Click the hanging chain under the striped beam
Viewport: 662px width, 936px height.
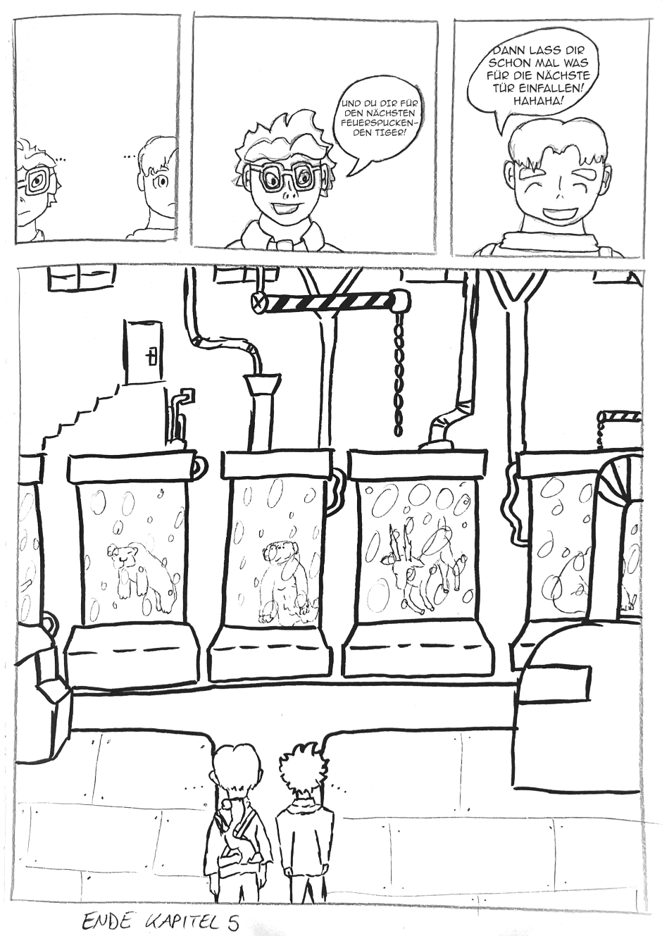[x=399, y=374]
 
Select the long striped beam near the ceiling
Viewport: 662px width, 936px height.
[x=330, y=301]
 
